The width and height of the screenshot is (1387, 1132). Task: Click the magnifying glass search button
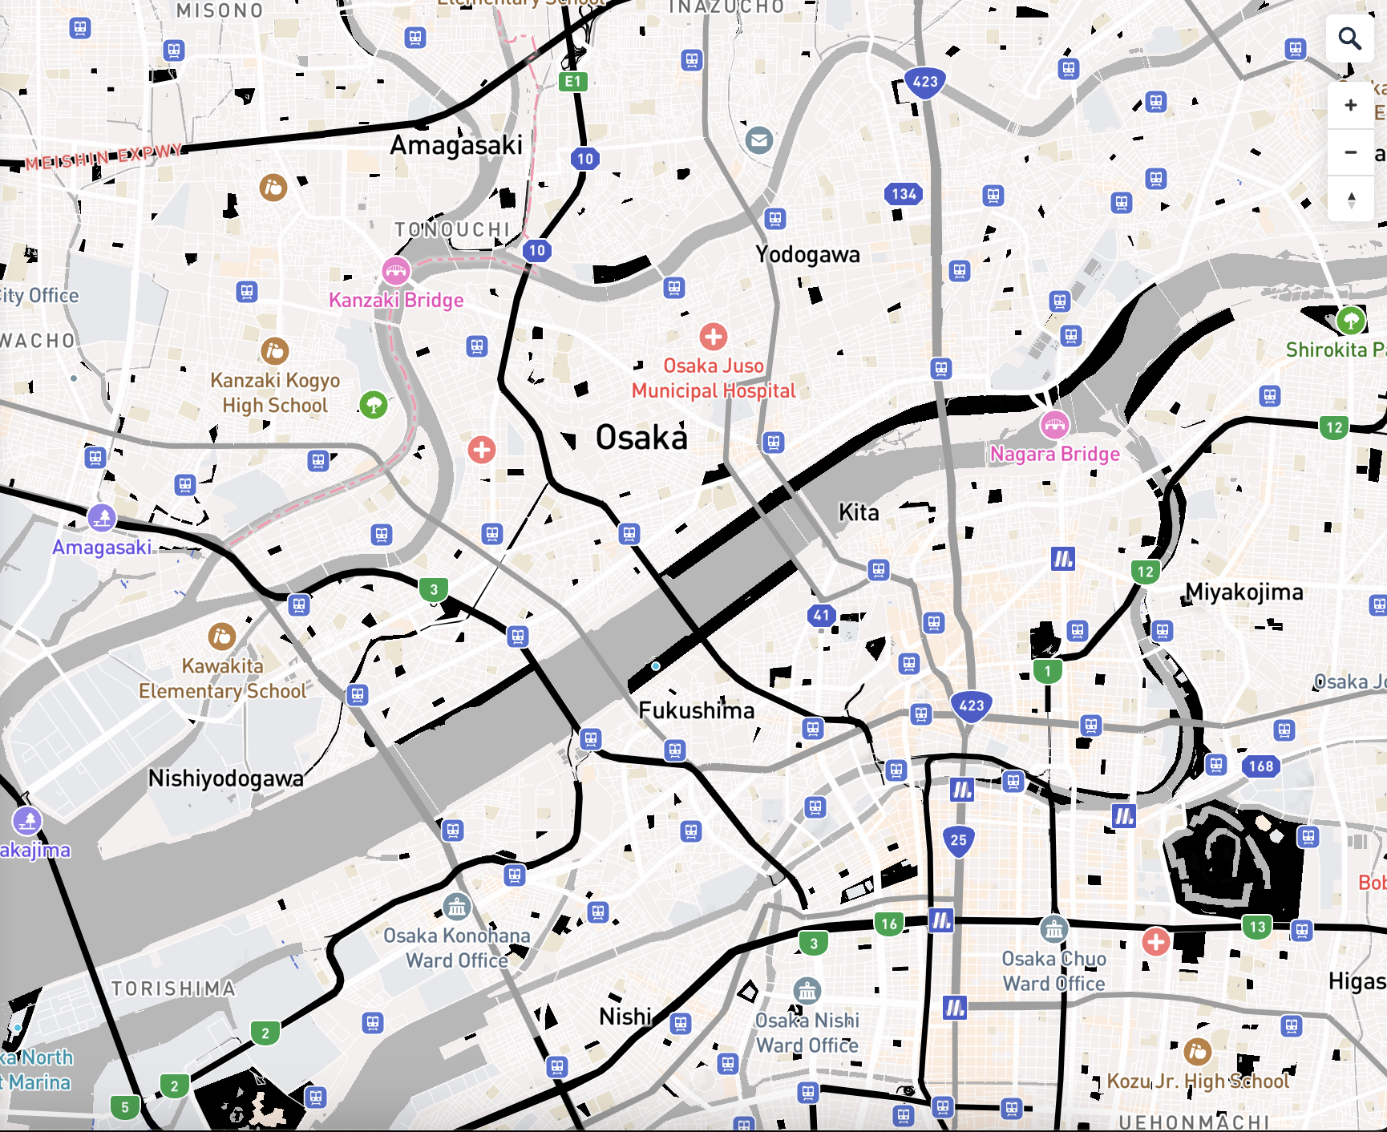[x=1350, y=38]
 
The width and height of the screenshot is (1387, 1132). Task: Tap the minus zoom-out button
[x=1351, y=152]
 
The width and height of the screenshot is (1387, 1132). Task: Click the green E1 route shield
[x=572, y=81]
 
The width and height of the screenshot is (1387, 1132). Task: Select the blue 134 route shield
[x=904, y=193]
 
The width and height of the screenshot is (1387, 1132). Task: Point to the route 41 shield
[x=821, y=616]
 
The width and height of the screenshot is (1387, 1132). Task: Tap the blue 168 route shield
[x=1260, y=766]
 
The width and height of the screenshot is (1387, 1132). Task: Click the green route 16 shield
[x=889, y=924]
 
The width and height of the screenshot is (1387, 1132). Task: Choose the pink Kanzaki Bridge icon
[x=395, y=271]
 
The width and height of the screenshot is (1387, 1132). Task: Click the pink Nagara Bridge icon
[x=1054, y=425]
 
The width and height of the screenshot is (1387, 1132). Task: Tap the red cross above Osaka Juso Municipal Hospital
[x=713, y=337]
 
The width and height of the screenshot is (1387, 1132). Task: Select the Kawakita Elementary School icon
[x=222, y=637]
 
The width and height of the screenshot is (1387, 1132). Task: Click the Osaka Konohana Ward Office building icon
[x=457, y=907]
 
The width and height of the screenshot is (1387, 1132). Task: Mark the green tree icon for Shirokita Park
[x=1351, y=321]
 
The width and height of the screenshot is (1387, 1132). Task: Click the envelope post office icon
[x=758, y=140]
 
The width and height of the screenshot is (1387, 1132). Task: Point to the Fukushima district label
[x=696, y=710]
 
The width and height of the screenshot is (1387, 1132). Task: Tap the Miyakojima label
[x=1244, y=592]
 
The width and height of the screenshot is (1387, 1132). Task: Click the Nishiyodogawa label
[x=226, y=778]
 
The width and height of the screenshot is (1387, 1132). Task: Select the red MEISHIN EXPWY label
[x=104, y=157]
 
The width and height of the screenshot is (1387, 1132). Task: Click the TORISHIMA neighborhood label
[x=173, y=988]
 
